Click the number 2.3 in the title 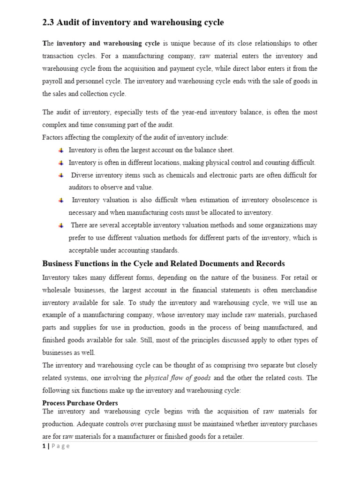(49, 22)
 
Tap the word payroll (53, 81)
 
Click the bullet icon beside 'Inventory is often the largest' (61, 150)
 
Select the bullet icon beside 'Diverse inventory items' (61, 175)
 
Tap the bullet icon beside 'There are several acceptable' (61, 225)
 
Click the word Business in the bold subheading (60, 263)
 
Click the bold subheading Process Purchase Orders (80, 403)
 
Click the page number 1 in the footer (44, 446)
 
